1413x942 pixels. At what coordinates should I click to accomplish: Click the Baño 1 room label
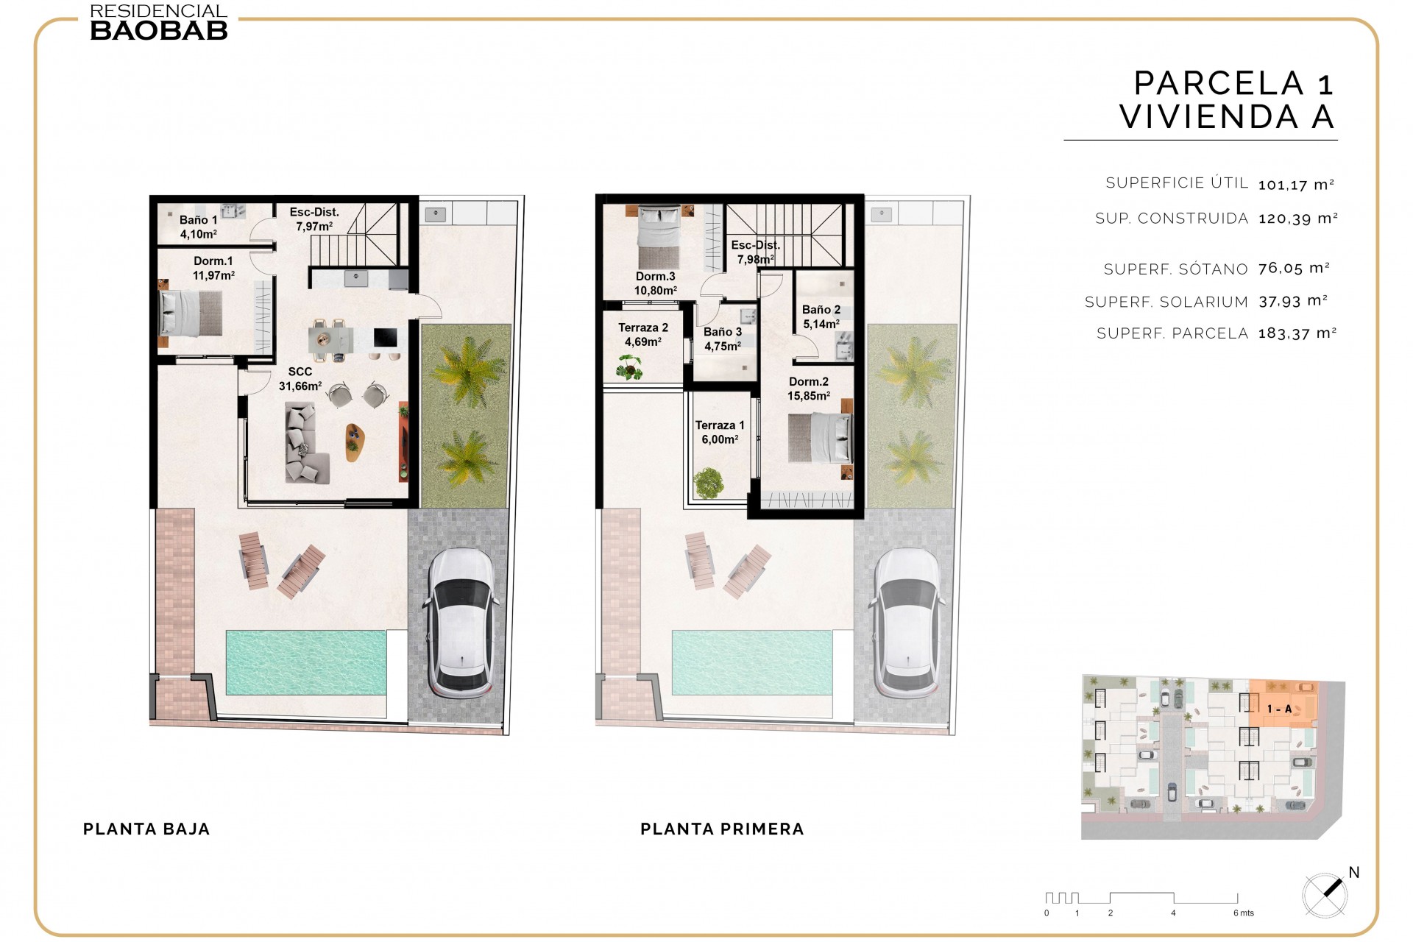[198, 227]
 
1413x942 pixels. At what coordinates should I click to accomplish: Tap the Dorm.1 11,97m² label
[213, 268]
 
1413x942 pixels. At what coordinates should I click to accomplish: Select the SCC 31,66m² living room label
[300, 379]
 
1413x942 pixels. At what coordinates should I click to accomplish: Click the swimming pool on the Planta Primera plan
[751, 662]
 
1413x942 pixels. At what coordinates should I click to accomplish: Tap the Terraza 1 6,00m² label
[720, 432]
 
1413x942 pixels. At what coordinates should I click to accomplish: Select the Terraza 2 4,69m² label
[642, 334]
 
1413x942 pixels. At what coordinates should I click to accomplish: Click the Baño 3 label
[723, 339]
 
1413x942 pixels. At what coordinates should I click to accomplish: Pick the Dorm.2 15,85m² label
[809, 389]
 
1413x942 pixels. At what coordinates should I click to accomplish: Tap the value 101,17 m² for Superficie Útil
[1296, 185]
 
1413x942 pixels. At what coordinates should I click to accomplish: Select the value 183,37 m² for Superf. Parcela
[1297, 333]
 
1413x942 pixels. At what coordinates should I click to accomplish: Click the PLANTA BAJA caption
[146, 829]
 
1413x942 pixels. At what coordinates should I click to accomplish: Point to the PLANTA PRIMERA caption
[722, 829]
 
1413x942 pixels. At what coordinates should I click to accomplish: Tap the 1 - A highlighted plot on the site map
[1280, 708]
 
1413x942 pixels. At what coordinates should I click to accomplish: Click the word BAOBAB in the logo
[159, 30]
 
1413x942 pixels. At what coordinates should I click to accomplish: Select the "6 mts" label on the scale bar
[1244, 913]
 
